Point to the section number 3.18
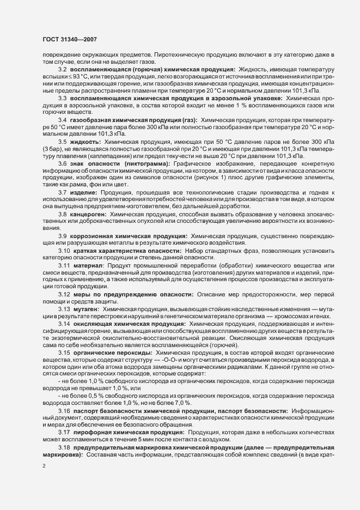[64, 431]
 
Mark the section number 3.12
[64, 294]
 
